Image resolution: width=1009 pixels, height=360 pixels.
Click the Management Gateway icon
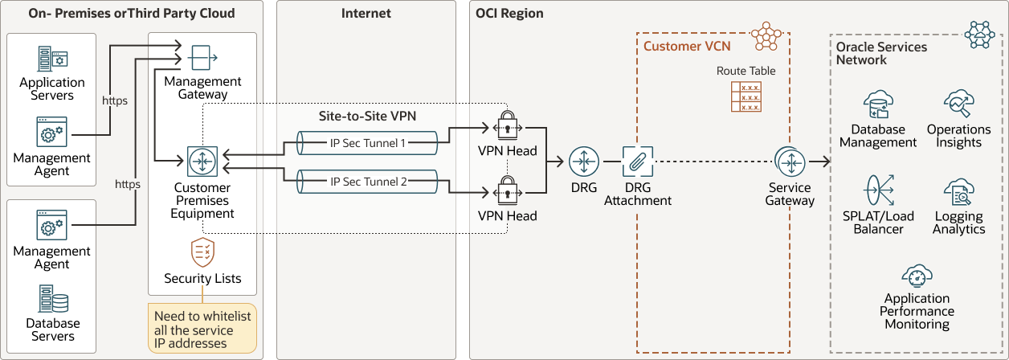(x=202, y=57)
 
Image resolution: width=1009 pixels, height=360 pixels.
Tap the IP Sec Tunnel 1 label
(x=368, y=143)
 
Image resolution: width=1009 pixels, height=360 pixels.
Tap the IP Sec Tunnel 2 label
(x=368, y=182)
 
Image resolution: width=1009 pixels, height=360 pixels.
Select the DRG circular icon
(x=584, y=162)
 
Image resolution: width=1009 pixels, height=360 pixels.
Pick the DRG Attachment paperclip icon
(x=637, y=162)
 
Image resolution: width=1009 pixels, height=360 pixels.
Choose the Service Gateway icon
(x=790, y=162)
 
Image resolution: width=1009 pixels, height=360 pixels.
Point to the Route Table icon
(x=746, y=96)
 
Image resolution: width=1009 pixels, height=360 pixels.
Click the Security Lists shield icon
(x=202, y=252)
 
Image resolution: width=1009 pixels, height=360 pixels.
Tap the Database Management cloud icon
(x=877, y=104)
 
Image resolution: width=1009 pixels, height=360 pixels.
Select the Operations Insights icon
(x=958, y=104)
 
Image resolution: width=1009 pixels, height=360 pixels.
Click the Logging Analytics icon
(x=958, y=193)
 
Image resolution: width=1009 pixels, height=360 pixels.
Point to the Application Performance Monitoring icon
(x=917, y=277)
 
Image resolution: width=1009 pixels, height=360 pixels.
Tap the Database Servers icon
(x=52, y=299)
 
